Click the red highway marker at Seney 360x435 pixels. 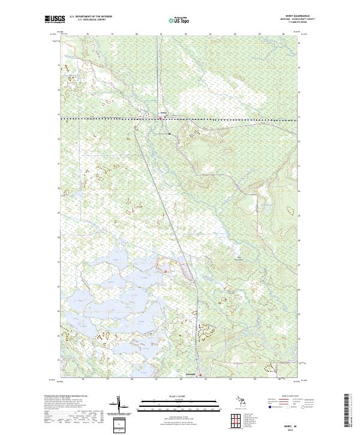pos(160,118)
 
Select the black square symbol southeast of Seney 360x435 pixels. pos(169,134)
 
